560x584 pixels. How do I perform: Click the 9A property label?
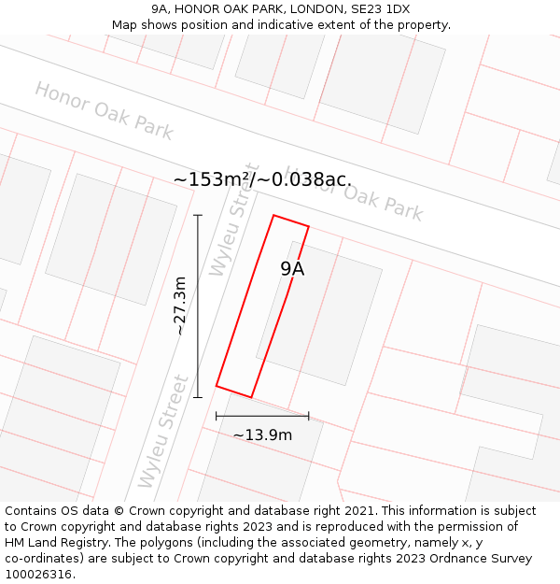(x=292, y=269)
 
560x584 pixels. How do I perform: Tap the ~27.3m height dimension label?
(x=180, y=306)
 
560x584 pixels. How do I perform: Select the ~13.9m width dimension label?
(x=262, y=434)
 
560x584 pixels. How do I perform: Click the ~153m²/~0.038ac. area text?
(x=262, y=179)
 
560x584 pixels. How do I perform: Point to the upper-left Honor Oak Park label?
(x=104, y=110)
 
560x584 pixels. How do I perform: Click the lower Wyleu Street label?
(x=163, y=432)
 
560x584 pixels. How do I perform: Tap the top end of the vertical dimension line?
(x=198, y=216)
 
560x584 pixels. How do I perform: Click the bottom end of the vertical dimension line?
(x=198, y=397)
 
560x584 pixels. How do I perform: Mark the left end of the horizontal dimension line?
(x=217, y=416)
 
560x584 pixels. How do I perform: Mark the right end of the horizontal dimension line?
(x=308, y=416)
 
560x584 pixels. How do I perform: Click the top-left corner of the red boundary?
(x=273, y=216)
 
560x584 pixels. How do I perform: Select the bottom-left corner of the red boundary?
(x=217, y=385)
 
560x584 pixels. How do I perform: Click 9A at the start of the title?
(x=161, y=9)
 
